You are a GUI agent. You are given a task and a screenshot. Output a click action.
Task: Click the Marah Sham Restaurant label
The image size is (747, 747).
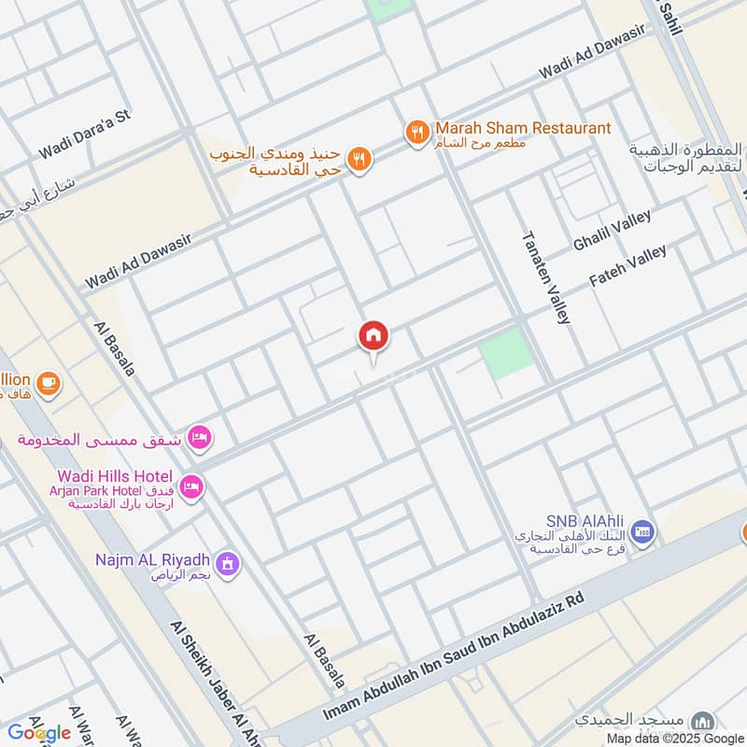pyautogui.click(x=522, y=128)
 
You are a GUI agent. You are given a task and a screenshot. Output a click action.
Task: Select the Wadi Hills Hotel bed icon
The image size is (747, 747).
pyautogui.click(x=191, y=487)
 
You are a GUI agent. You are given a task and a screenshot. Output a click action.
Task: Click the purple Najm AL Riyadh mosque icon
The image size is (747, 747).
pyautogui.click(x=227, y=563)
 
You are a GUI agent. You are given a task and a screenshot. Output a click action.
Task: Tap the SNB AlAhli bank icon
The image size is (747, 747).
pyautogui.click(x=642, y=533)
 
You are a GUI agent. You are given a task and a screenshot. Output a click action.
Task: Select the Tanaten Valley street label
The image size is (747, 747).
pyautogui.click(x=545, y=277)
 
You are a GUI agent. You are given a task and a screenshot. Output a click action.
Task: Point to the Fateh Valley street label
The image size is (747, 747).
pyautogui.click(x=628, y=267)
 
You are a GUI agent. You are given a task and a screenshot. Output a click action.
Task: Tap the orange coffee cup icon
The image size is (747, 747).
pyautogui.click(x=47, y=381)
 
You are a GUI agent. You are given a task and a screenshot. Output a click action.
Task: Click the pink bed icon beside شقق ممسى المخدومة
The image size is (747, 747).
pyautogui.click(x=199, y=436)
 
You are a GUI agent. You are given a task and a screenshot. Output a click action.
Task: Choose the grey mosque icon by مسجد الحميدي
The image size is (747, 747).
pyautogui.click(x=703, y=721)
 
